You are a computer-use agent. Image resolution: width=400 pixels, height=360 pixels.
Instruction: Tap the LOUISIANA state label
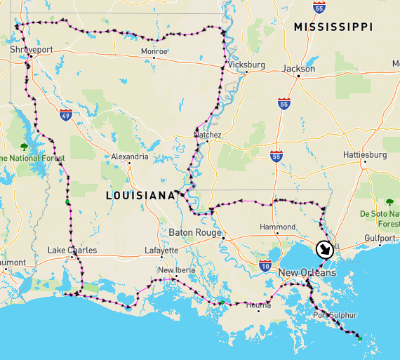[140, 195]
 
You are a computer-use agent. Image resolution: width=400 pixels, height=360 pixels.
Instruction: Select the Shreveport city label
[32, 51]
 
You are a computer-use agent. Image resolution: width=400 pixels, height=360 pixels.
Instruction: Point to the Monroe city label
[154, 51]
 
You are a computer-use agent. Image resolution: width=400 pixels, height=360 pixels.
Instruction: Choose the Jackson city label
[298, 69]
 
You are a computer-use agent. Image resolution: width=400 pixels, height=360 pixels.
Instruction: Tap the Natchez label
[208, 135]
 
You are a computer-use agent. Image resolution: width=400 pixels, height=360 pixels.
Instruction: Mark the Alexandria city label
[130, 156]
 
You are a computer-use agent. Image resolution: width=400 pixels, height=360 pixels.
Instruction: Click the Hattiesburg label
[365, 154]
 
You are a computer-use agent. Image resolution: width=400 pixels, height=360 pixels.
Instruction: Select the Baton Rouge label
[195, 232]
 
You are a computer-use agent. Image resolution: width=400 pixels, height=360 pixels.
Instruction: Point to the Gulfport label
[380, 238]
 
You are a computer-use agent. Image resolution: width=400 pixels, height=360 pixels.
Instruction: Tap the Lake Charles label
[72, 250]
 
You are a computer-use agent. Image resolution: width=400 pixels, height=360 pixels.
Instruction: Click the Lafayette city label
[161, 250]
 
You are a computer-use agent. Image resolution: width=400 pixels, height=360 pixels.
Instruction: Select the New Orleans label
[307, 272]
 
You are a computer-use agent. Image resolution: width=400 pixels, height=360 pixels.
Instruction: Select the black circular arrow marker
[325, 250]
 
